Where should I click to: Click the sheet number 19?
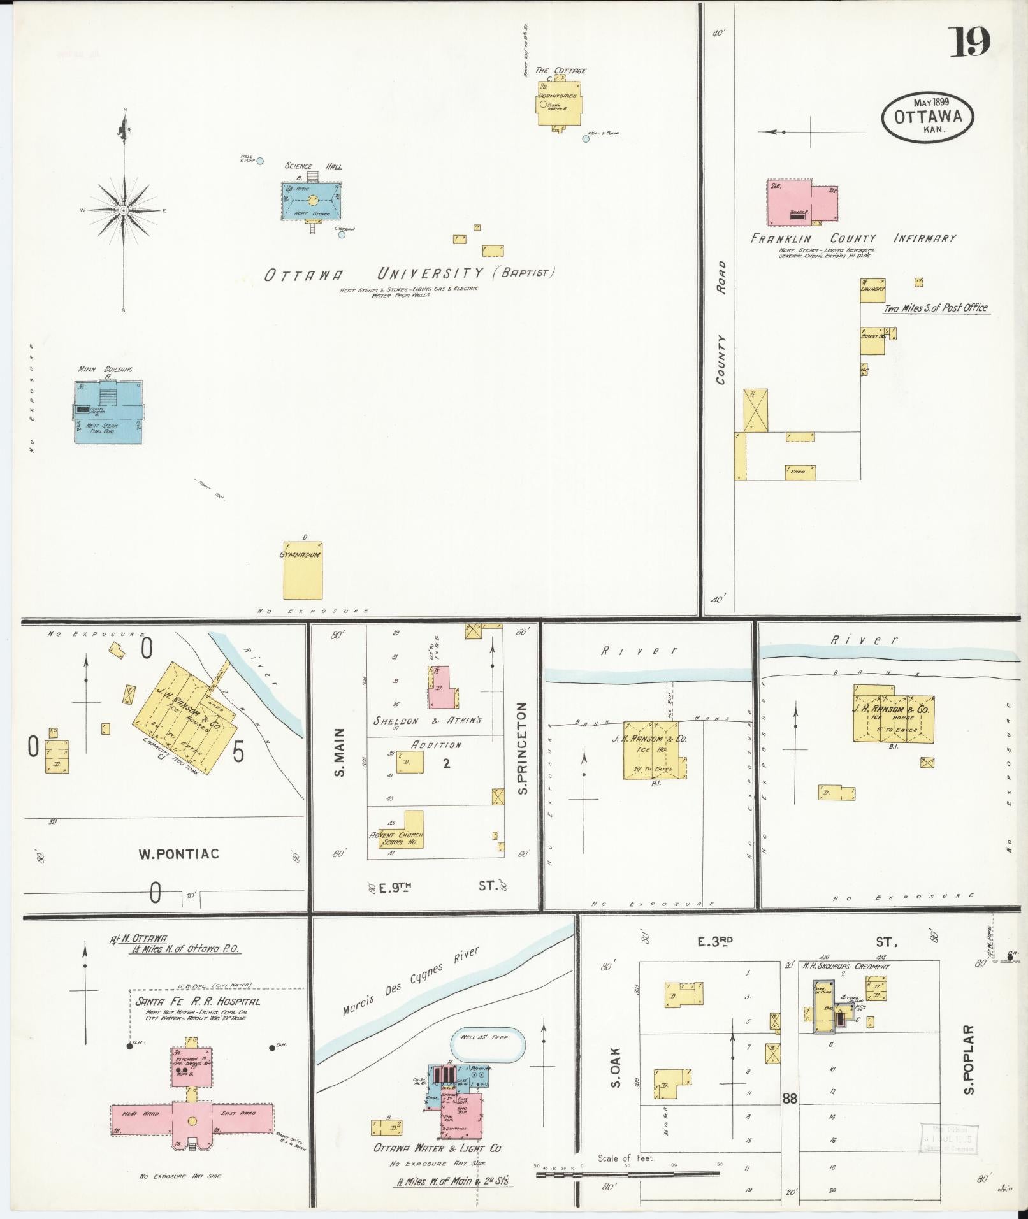pos(971,42)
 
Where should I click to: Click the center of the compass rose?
pos(124,210)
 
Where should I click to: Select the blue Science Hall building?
pos(312,201)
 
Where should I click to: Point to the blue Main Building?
pos(108,412)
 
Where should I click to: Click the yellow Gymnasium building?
pos(303,570)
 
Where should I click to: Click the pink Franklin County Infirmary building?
pos(802,201)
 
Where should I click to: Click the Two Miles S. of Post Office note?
pos(935,308)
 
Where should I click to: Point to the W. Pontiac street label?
pos(179,853)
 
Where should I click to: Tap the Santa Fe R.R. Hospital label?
pos(198,1001)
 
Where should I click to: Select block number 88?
pos(790,1098)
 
